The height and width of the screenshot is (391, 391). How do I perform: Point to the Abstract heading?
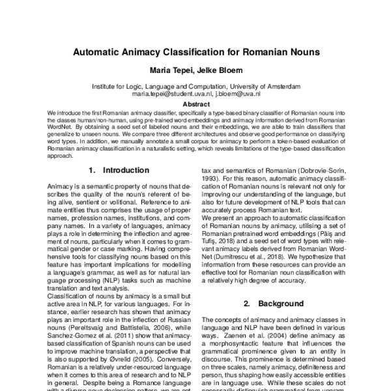pos(195,104)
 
